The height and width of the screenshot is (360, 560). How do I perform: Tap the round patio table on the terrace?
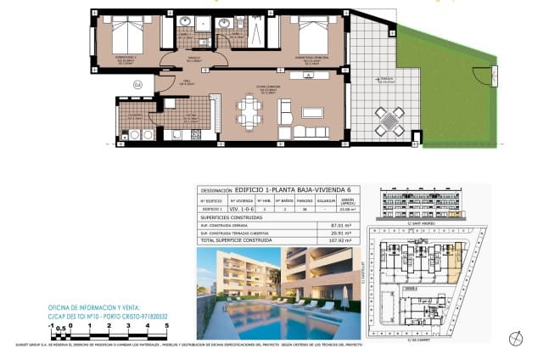tap(390, 121)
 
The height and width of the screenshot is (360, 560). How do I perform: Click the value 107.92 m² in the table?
tap(342, 241)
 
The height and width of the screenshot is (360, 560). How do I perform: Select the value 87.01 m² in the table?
tap(342, 225)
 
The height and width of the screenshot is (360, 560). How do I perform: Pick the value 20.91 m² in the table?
tap(342, 233)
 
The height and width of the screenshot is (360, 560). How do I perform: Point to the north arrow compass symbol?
tap(514, 339)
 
